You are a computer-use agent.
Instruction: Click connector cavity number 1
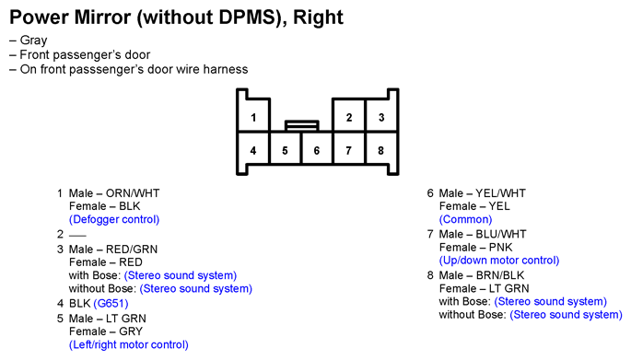click(253, 115)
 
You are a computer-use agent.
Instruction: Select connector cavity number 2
click(349, 115)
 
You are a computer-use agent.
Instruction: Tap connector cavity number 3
click(381, 115)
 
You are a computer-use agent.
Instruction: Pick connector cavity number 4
click(253, 148)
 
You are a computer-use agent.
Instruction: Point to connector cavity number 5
click(285, 148)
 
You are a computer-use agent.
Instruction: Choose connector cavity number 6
click(317, 148)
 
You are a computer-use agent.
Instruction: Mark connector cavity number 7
click(349, 148)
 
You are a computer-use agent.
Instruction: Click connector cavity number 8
click(381, 148)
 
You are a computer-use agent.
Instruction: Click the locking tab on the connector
click(302, 125)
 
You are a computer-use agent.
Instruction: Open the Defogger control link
click(114, 219)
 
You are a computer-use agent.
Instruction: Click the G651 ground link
click(111, 303)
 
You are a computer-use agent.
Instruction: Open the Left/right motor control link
click(129, 344)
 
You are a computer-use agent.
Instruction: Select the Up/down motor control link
click(499, 261)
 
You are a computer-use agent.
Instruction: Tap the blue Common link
click(465, 219)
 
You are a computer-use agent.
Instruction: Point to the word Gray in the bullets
click(34, 41)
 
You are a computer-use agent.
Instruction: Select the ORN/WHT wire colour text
click(133, 193)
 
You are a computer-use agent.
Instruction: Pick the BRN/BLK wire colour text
click(500, 275)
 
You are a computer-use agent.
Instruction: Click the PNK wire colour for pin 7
click(501, 247)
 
